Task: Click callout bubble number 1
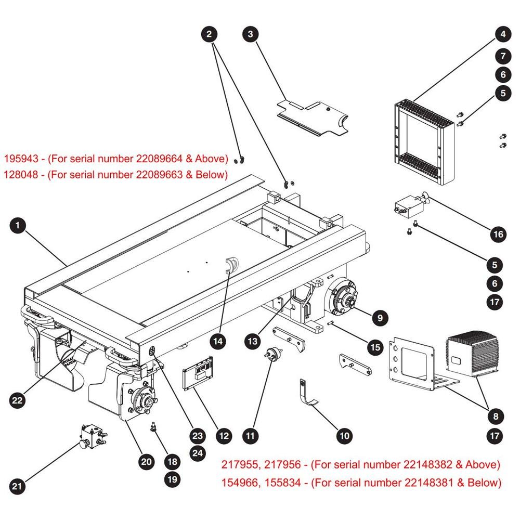click(18, 226)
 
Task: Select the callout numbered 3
click(251, 34)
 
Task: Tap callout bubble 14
click(218, 341)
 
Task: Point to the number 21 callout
click(17, 486)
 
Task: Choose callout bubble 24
click(198, 453)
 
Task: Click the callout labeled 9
click(380, 318)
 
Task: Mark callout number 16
click(499, 235)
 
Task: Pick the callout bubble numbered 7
click(503, 56)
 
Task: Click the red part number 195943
click(21, 159)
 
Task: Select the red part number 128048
click(21, 174)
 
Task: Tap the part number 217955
click(240, 464)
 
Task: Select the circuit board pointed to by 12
click(198, 373)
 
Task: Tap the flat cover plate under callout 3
click(313, 119)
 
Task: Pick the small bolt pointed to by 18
click(153, 427)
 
